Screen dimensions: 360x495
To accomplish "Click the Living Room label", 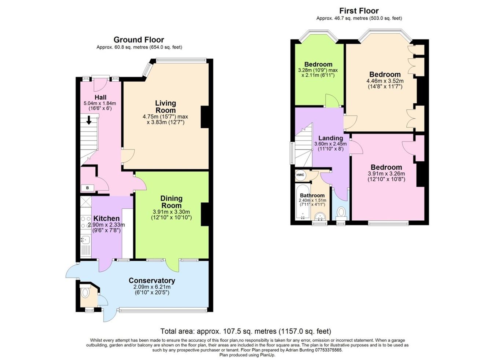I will point(165,107).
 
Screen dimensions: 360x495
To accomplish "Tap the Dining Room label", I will point(171,202).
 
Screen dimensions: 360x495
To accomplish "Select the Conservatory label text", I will point(152,280).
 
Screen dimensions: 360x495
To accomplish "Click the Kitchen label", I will point(106,218).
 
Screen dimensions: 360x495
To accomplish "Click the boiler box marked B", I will point(87,188).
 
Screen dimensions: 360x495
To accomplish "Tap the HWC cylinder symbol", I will point(300,175).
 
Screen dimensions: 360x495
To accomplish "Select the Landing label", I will point(330,138).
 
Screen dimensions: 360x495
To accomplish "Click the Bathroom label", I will point(312,195).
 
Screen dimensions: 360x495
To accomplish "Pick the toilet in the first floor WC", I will point(341,212).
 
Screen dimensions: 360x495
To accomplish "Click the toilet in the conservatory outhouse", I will point(85,293).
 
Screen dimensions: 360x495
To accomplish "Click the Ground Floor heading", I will point(139,40).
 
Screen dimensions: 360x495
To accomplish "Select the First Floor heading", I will point(359,11).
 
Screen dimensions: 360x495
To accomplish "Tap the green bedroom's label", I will point(318,65).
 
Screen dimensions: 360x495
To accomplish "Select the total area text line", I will point(246,331).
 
